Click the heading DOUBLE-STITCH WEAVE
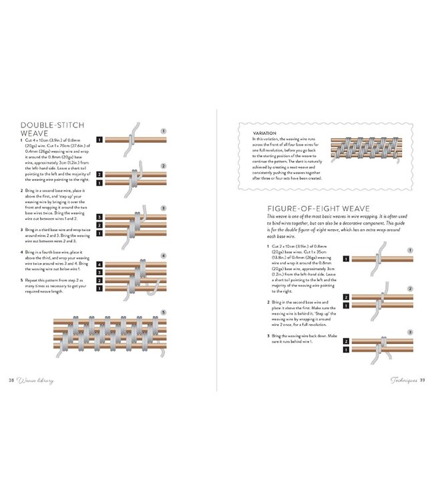click(x=51, y=129)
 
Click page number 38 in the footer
click(x=11, y=381)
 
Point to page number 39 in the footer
click(x=421, y=381)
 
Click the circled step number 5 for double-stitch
click(x=164, y=312)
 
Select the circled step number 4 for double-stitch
click(x=164, y=257)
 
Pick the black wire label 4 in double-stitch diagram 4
click(x=99, y=265)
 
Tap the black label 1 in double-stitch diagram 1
click(x=99, y=140)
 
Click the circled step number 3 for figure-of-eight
click(x=410, y=332)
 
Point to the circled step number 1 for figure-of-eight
click(x=410, y=250)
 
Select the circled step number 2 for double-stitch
click(x=164, y=166)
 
